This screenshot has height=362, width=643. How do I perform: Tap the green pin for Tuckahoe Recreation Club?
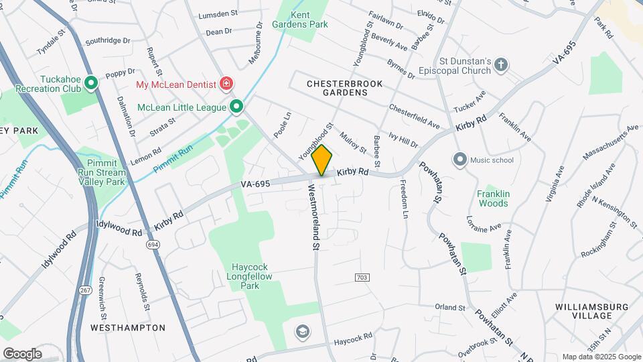coord(91,84)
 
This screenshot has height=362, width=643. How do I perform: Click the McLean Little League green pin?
coord(236,107)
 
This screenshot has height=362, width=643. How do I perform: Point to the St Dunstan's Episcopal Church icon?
coord(501,65)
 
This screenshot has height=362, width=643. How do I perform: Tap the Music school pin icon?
coord(459,160)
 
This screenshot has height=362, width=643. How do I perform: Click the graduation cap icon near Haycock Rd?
coord(302,331)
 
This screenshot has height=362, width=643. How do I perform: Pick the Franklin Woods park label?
coord(493,198)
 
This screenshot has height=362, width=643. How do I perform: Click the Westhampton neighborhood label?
coord(127,328)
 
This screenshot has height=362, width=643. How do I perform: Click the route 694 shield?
coord(153,246)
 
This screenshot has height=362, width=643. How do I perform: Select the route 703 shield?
coord(362,277)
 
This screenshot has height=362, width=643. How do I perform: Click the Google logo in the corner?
coord(22,353)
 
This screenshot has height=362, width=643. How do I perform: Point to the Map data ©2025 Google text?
coord(600,357)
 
